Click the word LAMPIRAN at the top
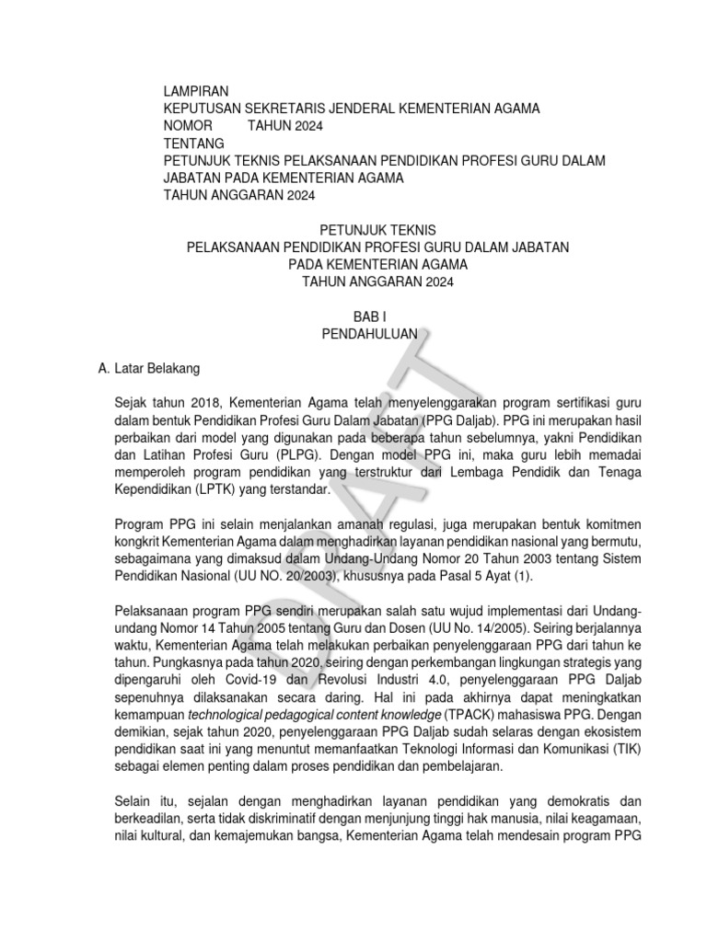pos(195,91)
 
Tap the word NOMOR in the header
pos(188,126)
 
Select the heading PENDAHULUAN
pos(370,334)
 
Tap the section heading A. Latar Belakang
pos(147,368)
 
